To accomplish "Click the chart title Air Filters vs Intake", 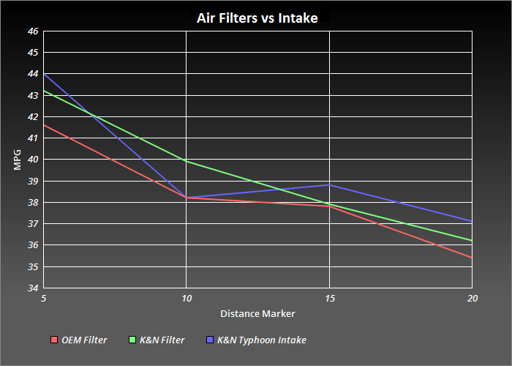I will click(x=257, y=18).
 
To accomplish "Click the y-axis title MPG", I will click(x=18, y=159).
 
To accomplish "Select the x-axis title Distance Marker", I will click(x=257, y=314).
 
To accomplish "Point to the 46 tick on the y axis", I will click(x=33, y=31).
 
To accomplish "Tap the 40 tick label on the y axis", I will click(x=33, y=160).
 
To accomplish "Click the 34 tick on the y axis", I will click(x=33, y=288).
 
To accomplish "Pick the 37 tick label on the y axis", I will click(x=33, y=224).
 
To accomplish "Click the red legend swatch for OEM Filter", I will click(x=54, y=340).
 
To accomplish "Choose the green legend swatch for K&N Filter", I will click(x=132, y=340).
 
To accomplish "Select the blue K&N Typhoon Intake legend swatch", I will click(x=210, y=340).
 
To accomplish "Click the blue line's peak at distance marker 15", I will click(x=330, y=184).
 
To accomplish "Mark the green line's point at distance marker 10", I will click(x=187, y=161).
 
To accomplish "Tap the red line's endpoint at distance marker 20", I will click(x=472, y=258).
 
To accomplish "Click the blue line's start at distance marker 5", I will click(x=44, y=74).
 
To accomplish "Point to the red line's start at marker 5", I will click(x=44, y=125).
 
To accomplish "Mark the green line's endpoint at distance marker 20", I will click(x=472, y=240).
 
